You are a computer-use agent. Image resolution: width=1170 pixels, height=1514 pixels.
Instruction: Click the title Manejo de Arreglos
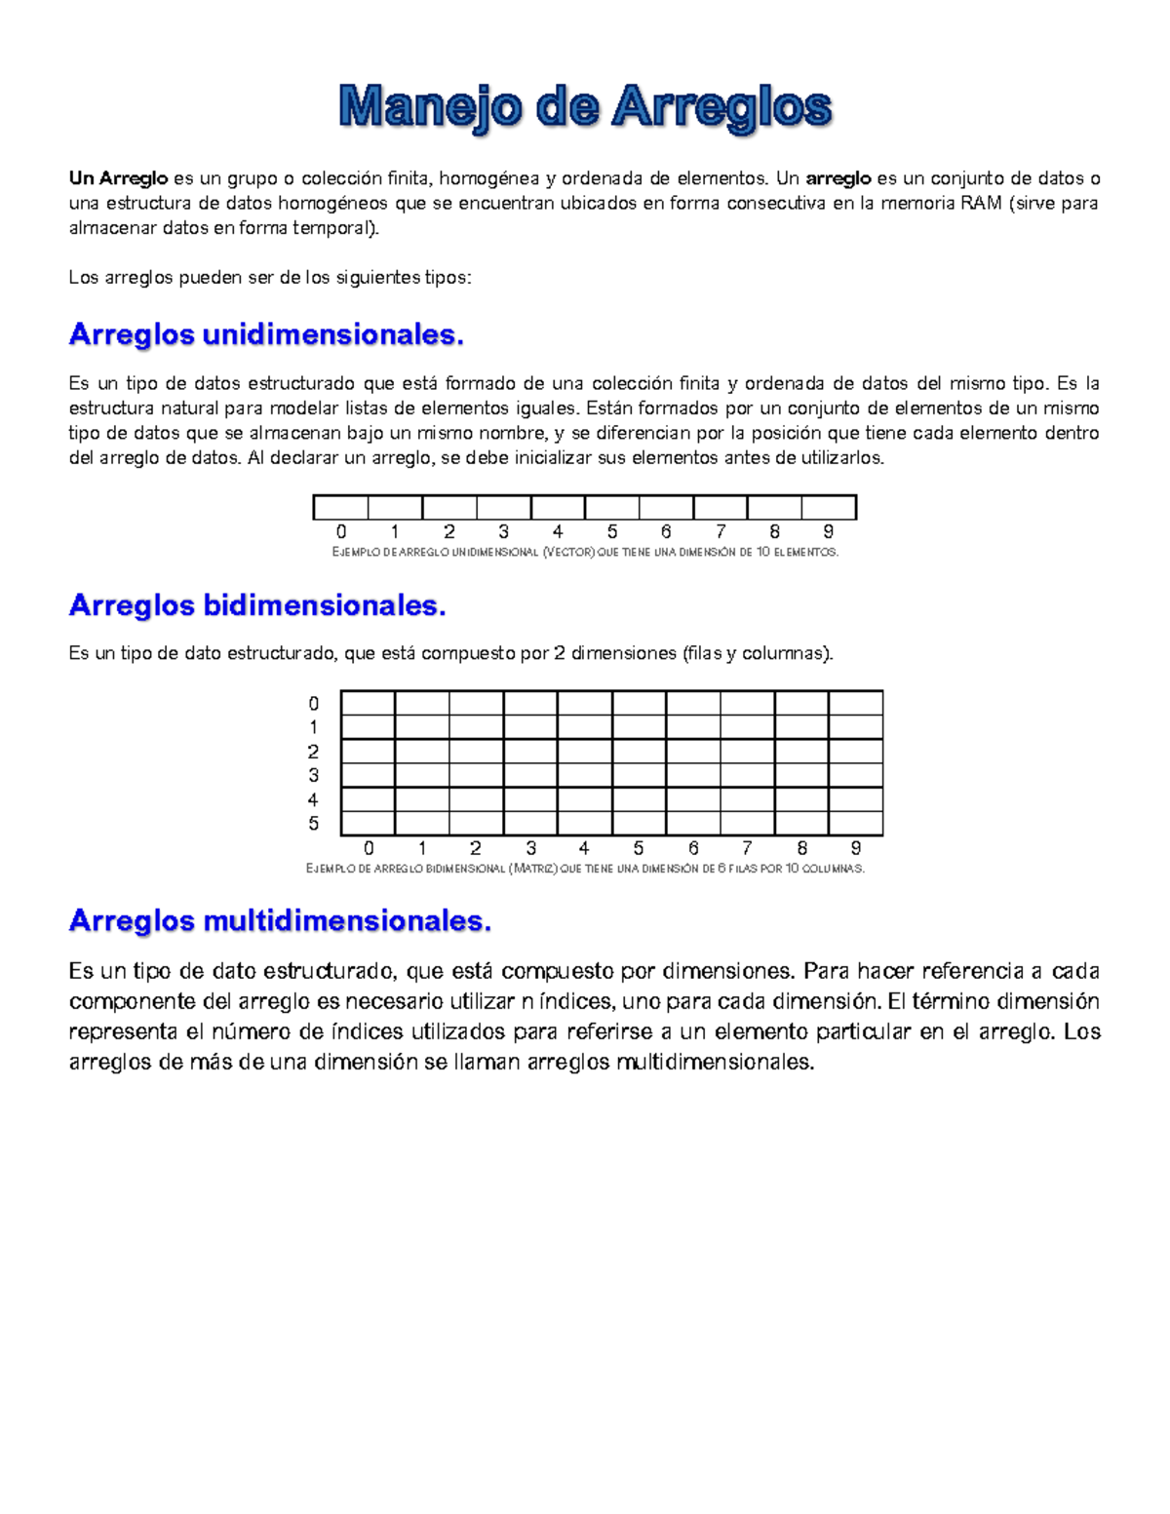(x=585, y=106)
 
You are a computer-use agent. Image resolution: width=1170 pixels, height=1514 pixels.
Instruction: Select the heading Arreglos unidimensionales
(x=266, y=334)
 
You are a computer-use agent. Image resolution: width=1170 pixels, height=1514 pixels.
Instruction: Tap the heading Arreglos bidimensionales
(x=257, y=605)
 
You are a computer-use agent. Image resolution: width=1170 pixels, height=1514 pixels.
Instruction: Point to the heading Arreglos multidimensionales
(x=280, y=920)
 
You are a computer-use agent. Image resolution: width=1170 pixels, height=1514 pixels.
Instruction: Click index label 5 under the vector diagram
(x=612, y=532)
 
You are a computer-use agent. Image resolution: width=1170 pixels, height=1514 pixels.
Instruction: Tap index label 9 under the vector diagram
(x=829, y=532)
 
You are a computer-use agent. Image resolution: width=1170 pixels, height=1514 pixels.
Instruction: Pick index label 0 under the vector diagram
(x=341, y=532)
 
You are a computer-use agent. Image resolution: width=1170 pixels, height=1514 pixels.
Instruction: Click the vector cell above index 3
(x=504, y=508)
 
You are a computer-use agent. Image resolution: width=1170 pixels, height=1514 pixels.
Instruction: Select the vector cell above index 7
(x=721, y=508)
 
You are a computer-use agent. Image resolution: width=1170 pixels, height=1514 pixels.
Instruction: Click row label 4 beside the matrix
(x=313, y=800)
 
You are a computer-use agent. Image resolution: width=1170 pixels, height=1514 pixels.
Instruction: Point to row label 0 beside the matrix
(x=313, y=704)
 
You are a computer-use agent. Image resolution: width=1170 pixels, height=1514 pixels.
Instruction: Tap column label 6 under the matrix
(x=693, y=849)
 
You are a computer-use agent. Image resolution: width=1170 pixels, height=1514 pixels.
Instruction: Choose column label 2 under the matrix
(x=476, y=849)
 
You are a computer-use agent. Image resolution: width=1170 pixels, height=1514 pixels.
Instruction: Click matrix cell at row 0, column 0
(x=368, y=703)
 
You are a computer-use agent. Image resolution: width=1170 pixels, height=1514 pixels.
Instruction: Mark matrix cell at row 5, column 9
(x=856, y=824)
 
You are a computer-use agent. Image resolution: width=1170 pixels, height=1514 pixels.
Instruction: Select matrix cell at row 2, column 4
(x=585, y=752)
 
